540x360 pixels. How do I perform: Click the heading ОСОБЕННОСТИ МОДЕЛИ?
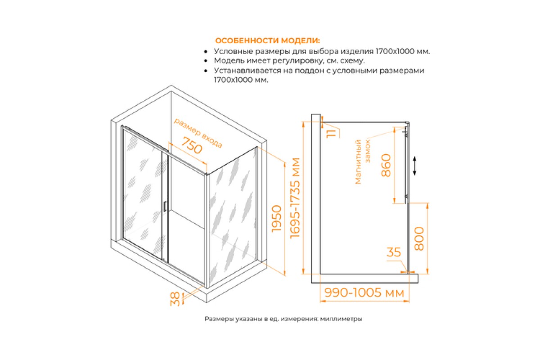pos(268,40)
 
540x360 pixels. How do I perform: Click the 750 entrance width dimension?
pos(192,145)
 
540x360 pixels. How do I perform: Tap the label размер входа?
pos(198,133)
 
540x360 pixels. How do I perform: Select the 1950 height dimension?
pos(276,218)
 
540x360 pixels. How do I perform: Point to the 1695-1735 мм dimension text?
pos(295,198)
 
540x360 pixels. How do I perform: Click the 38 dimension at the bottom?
pos(175,299)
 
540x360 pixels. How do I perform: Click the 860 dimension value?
pos(386,166)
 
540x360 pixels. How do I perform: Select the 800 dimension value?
pos(419,238)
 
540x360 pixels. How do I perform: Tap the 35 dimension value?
pos(394,252)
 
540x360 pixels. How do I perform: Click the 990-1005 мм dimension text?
pos(364,293)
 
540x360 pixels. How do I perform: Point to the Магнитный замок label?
pos(362,162)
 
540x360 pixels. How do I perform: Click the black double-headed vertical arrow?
pos(414,166)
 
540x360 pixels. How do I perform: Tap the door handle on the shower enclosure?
pos(165,207)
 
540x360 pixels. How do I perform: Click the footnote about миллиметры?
pos(283,319)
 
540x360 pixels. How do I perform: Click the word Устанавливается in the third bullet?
pos(245,70)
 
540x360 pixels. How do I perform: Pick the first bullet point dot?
pos(206,52)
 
